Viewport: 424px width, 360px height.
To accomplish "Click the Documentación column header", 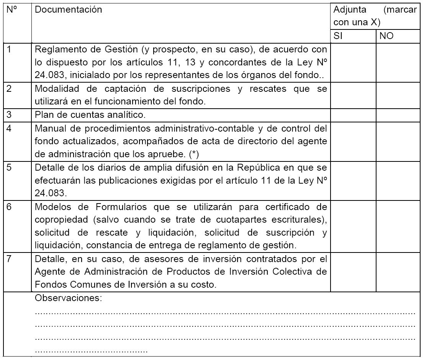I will [x=69, y=10].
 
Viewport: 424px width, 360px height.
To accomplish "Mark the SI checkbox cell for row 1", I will [x=353, y=62].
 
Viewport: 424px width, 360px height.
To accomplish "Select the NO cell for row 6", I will [x=398, y=226].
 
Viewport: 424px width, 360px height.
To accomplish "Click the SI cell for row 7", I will [x=353, y=272].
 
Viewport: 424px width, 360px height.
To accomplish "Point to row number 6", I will [x=10, y=207].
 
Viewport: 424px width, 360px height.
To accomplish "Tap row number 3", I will [x=10, y=114].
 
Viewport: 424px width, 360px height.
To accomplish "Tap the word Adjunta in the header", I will [x=350, y=10].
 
